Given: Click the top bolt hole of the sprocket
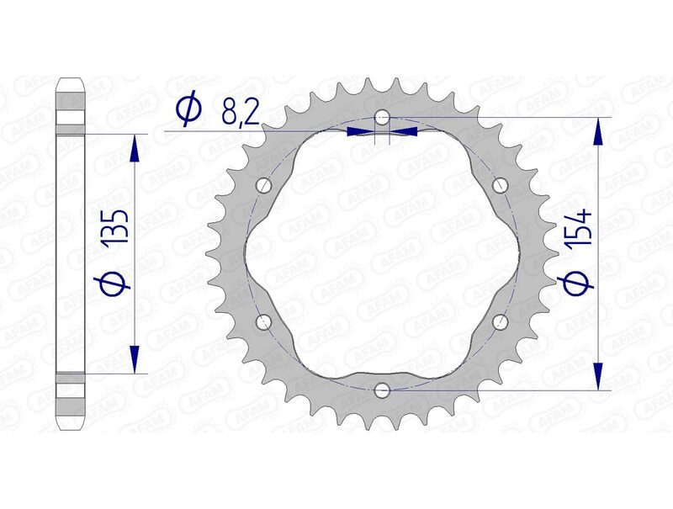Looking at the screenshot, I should tap(382, 116).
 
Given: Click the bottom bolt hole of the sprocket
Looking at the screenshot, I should tap(382, 389).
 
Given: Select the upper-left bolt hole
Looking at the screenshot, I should tap(264, 184).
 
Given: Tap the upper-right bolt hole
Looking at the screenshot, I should tap(500, 184).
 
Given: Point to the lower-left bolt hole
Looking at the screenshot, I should tap(264, 321).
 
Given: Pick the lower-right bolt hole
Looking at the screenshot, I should tap(500, 321).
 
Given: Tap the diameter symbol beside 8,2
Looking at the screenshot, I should tap(188, 109).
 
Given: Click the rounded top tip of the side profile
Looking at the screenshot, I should tap(71, 82).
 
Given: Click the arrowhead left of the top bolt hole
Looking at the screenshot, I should tap(359, 131).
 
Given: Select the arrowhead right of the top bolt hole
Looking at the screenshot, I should tap(405, 131).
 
